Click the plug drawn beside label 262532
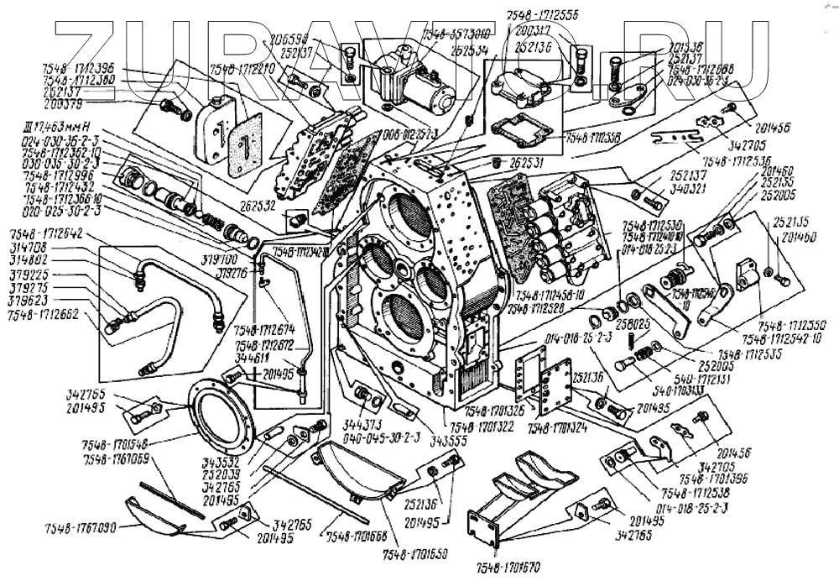point(296,220)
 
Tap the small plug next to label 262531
point(498,160)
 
